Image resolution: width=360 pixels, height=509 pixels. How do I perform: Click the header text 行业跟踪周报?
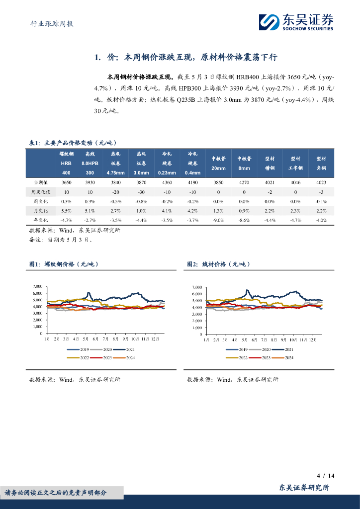(x=49, y=23)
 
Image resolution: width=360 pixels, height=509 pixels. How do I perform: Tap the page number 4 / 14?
(x=326, y=476)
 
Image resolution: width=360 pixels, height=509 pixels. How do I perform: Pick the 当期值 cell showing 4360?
(x=167, y=182)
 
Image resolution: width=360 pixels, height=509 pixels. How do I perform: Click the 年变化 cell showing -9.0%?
(x=218, y=220)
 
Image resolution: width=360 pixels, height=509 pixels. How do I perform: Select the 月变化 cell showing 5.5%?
(x=66, y=210)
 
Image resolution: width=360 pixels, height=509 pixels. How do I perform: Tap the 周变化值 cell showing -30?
(x=141, y=192)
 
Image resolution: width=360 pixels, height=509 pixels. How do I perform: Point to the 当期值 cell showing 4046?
(x=295, y=182)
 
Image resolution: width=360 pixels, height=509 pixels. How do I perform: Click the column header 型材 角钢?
(x=321, y=163)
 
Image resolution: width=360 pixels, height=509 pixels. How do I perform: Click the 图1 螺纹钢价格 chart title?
(x=64, y=264)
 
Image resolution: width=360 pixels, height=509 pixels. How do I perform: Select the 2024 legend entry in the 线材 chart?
(x=285, y=358)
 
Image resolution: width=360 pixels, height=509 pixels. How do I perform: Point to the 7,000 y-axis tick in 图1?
(x=38, y=287)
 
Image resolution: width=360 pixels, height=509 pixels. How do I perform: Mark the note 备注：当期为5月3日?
(x=61, y=239)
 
